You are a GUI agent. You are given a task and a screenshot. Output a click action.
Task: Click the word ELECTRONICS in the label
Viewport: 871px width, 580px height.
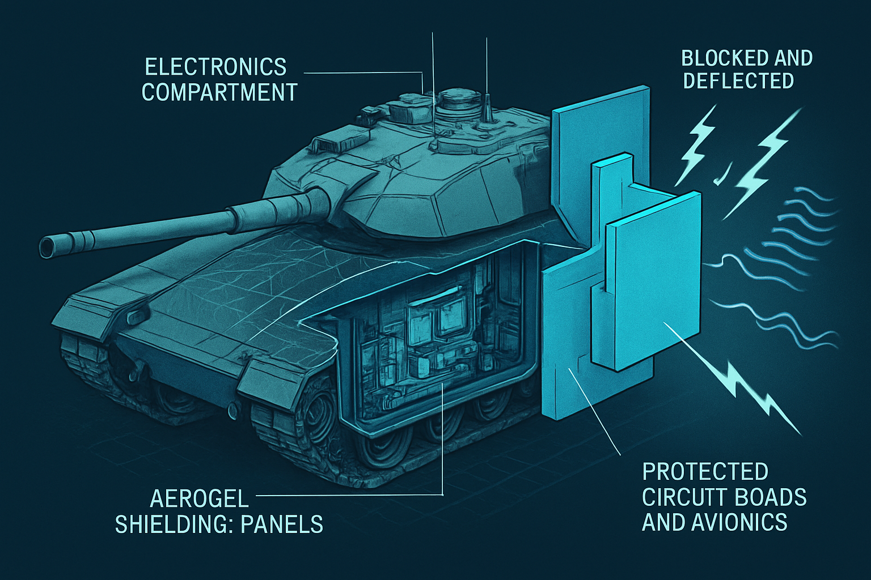(x=215, y=67)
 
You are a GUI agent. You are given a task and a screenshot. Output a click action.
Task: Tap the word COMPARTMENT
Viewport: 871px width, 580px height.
(x=219, y=92)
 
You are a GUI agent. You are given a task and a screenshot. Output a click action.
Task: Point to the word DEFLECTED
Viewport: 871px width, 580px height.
(x=738, y=81)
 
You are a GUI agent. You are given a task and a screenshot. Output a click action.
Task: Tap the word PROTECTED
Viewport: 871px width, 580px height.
(x=705, y=471)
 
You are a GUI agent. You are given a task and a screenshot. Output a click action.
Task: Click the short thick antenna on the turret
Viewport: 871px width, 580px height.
(x=487, y=108)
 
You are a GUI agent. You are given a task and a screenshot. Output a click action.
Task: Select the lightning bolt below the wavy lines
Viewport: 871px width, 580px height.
(x=760, y=396)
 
